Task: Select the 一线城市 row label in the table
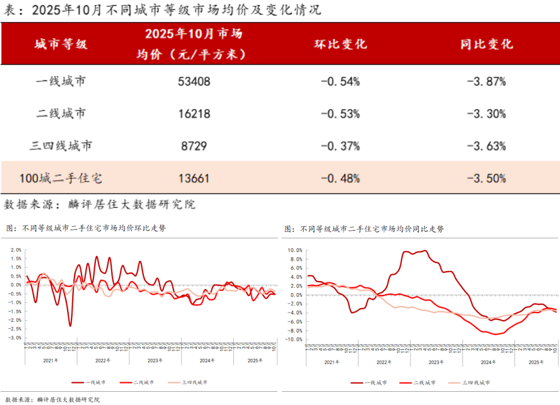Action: pos(61,81)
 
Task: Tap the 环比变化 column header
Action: pos(340,44)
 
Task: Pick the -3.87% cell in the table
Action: pos(486,82)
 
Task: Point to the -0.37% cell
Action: pos(340,147)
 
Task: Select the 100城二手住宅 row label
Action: pos(61,179)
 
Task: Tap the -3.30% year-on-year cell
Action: pos(486,114)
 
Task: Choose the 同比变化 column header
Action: pos(486,44)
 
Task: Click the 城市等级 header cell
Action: pos(61,44)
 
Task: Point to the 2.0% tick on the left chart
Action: pos(16,250)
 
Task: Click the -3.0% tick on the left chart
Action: pos(14,338)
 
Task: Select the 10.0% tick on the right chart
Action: pos(294,250)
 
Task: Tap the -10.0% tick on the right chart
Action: pos(293,340)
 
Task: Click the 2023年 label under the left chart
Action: pos(155,361)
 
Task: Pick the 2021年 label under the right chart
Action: pos(332,362)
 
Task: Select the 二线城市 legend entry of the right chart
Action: pos(424,382)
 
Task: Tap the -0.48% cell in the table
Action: pos(340,179)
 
